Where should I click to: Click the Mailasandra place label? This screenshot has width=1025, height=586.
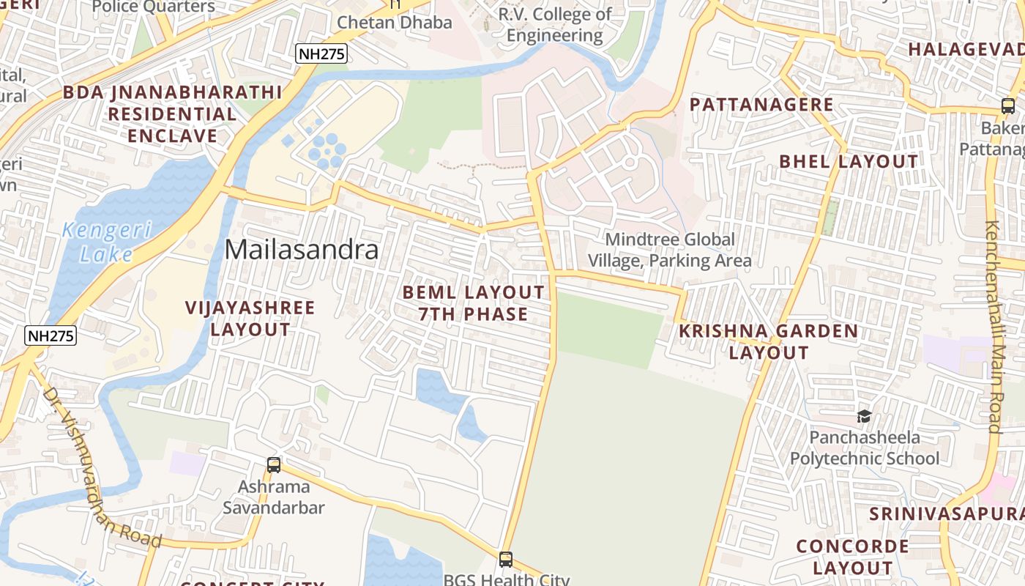302,251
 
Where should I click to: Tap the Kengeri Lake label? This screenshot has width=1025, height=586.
107,242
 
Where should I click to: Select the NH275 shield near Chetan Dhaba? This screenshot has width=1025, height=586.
321,53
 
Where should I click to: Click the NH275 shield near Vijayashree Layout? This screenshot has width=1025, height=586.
51,335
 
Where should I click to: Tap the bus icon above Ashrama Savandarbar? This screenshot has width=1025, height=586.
274,464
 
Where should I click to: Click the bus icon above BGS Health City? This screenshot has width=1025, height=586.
505,560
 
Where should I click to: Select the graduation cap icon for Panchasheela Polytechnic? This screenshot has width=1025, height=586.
864,417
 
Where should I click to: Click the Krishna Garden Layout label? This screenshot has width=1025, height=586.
768,341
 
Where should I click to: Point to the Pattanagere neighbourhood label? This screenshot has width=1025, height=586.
761,105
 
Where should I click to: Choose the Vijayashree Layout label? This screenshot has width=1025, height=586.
250,319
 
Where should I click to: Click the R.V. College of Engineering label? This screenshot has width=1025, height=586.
555,25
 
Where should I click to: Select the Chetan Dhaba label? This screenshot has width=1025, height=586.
395,23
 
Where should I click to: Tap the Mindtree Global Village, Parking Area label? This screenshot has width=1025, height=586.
669,250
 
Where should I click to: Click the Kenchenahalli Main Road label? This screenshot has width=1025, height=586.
993,327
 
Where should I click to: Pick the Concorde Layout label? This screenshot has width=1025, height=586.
852,557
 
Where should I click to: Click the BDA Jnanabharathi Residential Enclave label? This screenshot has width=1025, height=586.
172,114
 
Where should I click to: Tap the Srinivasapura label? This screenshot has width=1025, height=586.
946,513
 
